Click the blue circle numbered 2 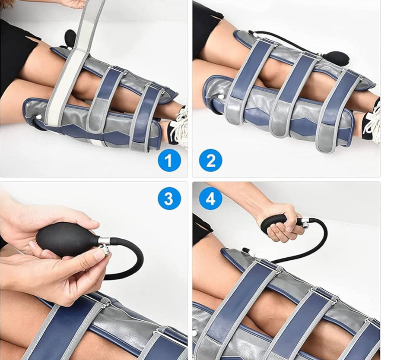coord(210,161)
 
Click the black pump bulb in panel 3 coord(65,239)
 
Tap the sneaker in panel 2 coord(372,121)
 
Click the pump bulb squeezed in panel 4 coord(276,224)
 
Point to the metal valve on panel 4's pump coord(305,223)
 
